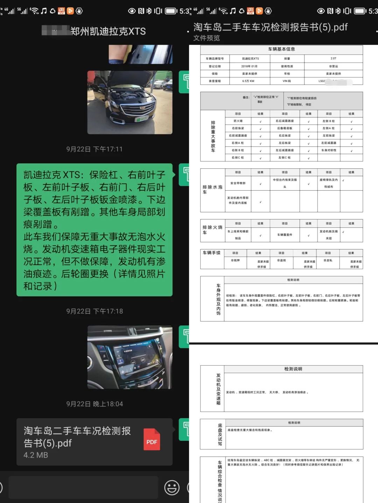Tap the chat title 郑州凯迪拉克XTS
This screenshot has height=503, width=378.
pos(108,31)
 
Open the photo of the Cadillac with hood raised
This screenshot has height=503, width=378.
pos(130,102)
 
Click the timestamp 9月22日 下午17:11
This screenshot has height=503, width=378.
pos(94,149)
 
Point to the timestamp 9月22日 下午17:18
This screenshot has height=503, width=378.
pos(94,311)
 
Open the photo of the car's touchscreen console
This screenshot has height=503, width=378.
pos(130,357)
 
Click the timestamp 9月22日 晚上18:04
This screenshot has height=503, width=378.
pos(94,404)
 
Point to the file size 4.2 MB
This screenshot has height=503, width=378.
pos(36,455)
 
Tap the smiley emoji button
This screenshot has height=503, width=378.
pos(172,488)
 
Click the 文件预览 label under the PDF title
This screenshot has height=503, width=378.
pos(206,38)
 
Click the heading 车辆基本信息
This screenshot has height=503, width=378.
pos(281,49)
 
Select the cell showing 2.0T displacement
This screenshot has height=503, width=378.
pos(333,59)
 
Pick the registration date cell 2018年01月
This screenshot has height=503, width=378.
pos(250,66)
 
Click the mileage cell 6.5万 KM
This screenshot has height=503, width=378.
pos(248,81)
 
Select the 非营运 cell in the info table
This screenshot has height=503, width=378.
pos(333,66)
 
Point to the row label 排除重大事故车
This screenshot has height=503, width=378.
pos(213,136)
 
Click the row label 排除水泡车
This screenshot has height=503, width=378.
pos(212,190)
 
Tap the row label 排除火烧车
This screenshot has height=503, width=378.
pos(212,230)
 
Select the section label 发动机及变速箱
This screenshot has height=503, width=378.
pos(218,389)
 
